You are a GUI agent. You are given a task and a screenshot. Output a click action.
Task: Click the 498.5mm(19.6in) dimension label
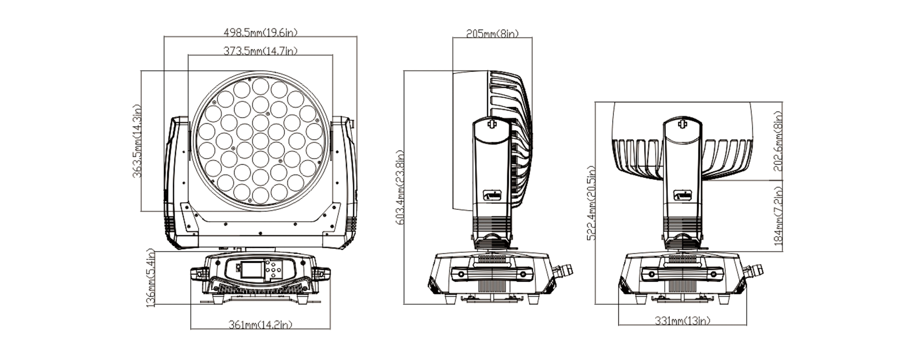click(260, 33)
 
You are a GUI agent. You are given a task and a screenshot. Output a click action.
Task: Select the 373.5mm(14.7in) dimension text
click(260, 51)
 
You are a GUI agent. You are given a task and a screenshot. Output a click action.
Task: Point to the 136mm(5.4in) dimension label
click(150, 278)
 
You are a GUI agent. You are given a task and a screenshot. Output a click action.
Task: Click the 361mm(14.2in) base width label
click(260, 325)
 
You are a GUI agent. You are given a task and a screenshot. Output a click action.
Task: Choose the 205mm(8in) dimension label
click(492, 34)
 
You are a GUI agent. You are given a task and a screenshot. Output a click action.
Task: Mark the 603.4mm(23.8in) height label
click(400, 187)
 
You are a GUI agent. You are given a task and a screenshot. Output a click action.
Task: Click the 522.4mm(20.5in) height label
click(592, 203)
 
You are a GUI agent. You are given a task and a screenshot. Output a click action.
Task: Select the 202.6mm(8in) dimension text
click(778, 141)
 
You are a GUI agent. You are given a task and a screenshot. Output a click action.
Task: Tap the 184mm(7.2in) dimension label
click(778, 216)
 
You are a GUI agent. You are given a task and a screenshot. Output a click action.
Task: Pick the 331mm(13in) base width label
click(682, 321)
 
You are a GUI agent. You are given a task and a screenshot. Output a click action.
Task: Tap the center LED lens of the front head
click(260, 141)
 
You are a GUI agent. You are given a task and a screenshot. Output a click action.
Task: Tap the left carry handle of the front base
click(200, 274)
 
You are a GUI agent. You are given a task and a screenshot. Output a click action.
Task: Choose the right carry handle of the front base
click(321, 274)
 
